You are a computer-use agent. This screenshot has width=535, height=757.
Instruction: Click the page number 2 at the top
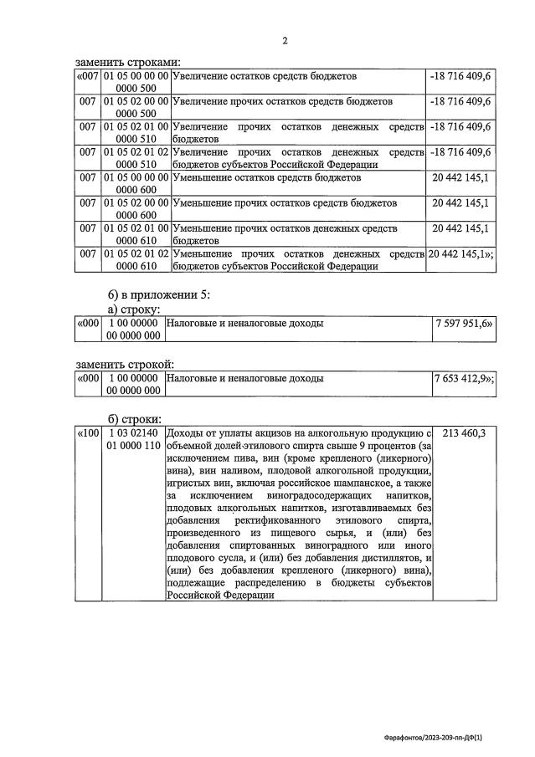tap(284, 40)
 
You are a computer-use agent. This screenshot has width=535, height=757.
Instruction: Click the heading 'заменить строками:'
tap(127, 62)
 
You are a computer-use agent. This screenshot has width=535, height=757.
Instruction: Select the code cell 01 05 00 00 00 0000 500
tap(136, 82)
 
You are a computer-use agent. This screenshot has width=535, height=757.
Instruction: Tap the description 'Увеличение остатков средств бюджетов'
tap(265, 76)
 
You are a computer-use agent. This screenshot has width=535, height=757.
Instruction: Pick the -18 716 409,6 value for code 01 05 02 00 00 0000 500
tap(460, 101)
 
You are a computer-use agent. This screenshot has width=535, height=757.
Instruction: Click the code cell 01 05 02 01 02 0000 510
tap(136, 158)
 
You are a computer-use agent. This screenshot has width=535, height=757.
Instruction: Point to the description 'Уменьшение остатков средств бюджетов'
tap(266, 177)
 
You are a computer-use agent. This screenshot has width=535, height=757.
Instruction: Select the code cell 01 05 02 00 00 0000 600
tap(136, 209)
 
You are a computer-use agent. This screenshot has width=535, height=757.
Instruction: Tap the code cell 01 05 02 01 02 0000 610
tap(136, 259)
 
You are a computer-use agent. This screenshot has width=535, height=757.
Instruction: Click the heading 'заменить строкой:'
tap(125, 364)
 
